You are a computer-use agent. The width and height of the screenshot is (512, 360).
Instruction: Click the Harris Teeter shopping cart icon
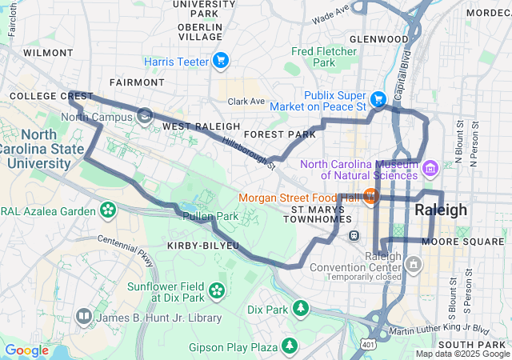coord(221,61)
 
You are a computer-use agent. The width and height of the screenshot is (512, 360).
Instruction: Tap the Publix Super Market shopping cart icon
coord(378,98)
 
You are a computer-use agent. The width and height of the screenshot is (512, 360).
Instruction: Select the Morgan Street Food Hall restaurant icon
coord(370,196)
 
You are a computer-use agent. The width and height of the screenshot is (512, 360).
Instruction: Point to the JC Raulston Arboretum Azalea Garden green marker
coord(107,210)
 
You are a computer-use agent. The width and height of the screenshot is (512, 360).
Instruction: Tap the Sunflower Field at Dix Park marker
coord(217,290)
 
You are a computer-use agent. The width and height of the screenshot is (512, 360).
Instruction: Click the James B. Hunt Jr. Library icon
coord(84,318)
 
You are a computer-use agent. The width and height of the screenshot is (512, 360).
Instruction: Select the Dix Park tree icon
coord(300,309)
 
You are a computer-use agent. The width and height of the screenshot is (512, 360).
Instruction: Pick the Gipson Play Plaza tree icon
coord(289,346)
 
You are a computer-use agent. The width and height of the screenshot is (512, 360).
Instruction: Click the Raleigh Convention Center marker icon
coord(413,264)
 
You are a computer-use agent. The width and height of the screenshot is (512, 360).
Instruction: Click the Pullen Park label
coord(210,216)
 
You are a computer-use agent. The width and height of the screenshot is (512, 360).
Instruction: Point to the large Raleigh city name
coord(441,210)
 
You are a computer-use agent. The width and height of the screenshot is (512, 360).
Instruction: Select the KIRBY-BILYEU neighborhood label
coord(203,245)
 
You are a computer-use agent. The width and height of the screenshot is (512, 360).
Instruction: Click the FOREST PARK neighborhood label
coord(280,135)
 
